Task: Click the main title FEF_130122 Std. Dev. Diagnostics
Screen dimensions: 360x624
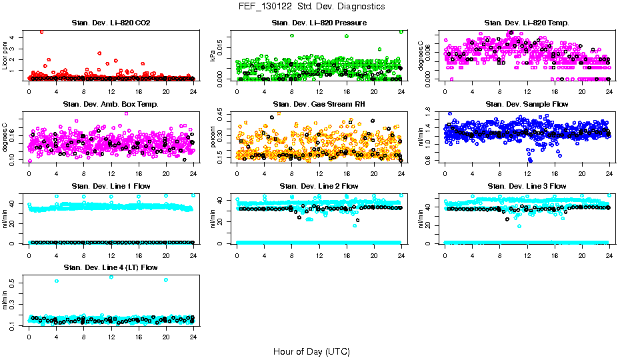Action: pos(311,7)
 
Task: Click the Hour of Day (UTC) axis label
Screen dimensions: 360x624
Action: pos(311,351)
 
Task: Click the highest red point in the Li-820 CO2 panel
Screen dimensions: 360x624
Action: pos(42,31)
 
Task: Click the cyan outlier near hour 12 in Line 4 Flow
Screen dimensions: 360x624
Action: pos(111,277)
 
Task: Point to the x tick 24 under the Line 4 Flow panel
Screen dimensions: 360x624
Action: pos(193,337)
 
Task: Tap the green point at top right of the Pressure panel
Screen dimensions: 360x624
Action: pos(401,31)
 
